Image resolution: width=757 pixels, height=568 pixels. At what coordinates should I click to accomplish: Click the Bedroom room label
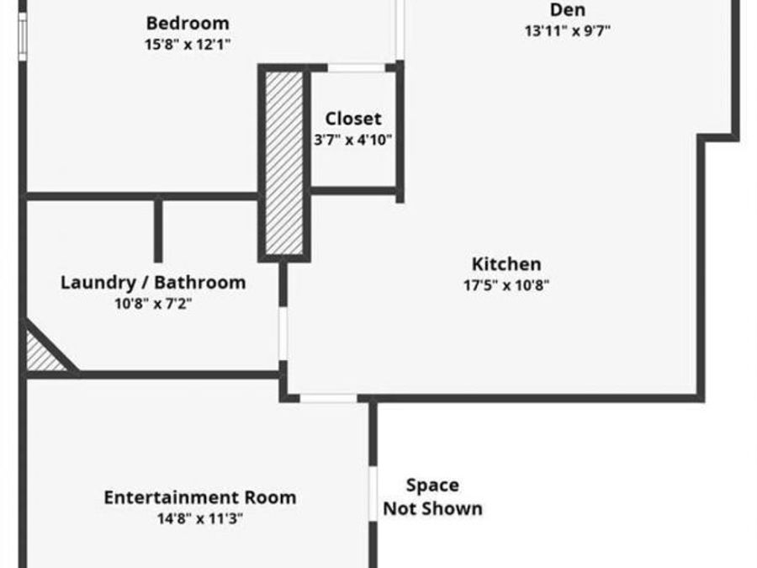click(x=188, y=23)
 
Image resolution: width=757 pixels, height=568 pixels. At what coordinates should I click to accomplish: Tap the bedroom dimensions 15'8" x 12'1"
click(x=188, y=45)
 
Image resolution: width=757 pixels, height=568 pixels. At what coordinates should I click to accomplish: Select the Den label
click(x=567, y=9)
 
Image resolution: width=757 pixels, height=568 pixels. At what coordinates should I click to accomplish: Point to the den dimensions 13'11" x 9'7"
click(x=567, y=31)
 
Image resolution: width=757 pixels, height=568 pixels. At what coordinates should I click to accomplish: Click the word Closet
click(x=353, y=119)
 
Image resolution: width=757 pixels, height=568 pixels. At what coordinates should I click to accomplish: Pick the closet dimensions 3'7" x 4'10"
click(x=353, y=140)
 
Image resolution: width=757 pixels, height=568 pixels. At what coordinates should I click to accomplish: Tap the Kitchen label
click(x=506, y=264)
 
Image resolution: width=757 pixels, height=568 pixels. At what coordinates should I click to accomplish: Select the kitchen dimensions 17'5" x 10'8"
click(x=506, y=285)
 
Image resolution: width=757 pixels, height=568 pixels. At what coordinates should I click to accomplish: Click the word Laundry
click(x=98, y=283)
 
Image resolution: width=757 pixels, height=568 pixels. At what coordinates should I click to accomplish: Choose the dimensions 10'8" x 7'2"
click(x=153, y=304)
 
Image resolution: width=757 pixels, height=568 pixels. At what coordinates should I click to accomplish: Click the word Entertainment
click(x=172, y=497)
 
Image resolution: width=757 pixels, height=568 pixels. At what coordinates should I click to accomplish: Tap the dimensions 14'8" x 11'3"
click(x=200, y=518)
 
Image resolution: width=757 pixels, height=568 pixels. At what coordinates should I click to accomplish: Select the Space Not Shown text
click(x=432, y=496)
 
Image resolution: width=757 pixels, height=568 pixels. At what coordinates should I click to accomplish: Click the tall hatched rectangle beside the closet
click(x=284, y=162)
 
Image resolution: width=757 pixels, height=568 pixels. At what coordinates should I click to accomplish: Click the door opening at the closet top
click(x=357, y=67)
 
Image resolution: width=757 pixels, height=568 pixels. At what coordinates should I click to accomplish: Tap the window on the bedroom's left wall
click(x=22, y=37)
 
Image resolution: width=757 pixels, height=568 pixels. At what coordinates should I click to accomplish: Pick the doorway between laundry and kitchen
click(x=283, y=333)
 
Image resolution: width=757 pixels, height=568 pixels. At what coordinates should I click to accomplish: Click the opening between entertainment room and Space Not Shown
click(x=373, y=494)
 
